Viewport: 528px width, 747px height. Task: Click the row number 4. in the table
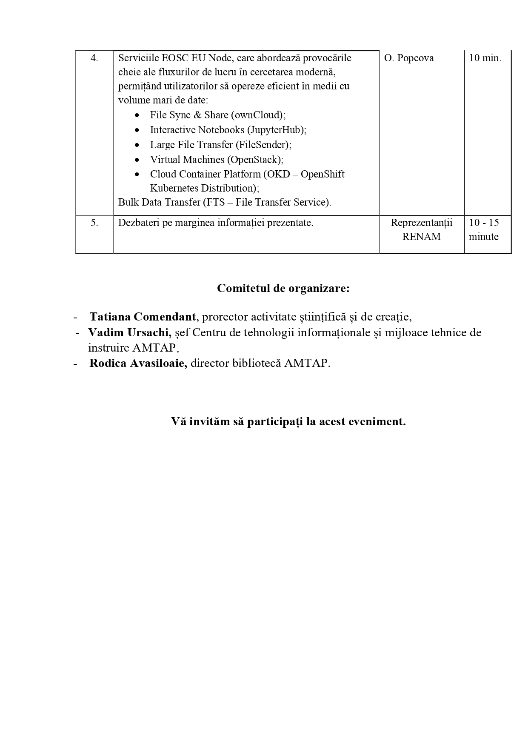(x=94, y=58)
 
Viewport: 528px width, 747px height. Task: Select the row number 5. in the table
(x=94, y=223)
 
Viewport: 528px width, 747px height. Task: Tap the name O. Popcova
(x=409, y=58)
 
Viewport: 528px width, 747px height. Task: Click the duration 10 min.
(x=485, y=58)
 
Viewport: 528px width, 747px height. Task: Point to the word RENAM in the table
(x=422, y=237)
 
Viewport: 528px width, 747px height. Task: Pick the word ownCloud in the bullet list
(x=257, y=115)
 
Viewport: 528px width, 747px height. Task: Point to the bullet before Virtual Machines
(x=137, y=160)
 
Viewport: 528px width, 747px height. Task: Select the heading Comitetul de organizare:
(x=283, y=289)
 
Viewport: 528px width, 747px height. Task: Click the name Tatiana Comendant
(x=143, y=317)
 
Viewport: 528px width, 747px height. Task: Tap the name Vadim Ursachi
(x=129, y=332)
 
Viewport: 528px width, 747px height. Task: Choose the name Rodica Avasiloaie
(x=138, y=363)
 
